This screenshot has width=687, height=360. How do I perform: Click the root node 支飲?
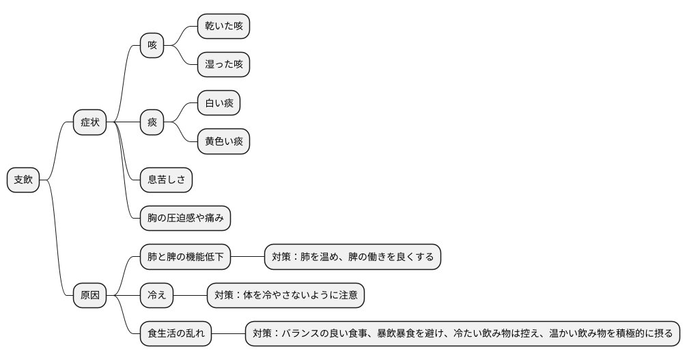23,180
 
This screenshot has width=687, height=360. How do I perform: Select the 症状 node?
90,122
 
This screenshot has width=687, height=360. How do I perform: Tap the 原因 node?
90,296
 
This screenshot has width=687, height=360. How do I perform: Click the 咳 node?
152,46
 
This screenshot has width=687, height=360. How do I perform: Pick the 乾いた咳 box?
223,27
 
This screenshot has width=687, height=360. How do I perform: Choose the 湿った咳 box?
223,65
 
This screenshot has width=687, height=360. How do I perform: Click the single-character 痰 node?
152,122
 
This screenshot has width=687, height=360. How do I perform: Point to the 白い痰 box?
219,103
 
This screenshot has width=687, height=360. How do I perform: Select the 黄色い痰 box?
223,142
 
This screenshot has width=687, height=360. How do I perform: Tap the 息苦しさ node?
166,180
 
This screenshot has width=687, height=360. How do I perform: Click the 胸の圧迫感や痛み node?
185,219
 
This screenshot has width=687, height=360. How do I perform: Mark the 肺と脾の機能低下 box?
185,258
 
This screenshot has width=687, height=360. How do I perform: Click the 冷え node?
156,296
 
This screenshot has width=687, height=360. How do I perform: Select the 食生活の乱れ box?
176,335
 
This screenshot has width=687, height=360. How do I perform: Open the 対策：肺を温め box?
352,258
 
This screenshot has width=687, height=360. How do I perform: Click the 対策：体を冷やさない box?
285,296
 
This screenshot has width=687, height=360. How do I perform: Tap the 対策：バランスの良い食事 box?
462,335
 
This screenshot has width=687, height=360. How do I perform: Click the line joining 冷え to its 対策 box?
190,296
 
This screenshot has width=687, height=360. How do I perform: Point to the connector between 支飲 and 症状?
57,150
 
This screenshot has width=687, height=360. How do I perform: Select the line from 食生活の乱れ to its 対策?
228,335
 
